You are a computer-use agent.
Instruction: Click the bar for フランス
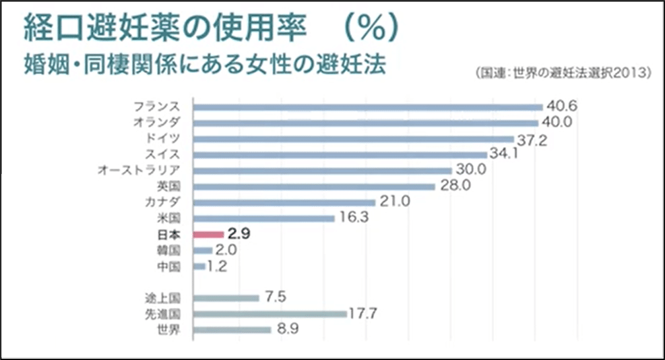(x=367, y=107)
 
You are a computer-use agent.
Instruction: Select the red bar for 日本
(x=208, y=235)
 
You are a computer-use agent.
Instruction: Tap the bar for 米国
(x=263, y=218)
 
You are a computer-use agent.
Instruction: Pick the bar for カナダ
(x=284, y=202)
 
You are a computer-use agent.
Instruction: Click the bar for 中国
(x=199, y=266)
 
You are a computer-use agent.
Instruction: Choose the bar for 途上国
(x=226, y=297)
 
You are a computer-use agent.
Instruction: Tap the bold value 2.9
(x=240, y=234)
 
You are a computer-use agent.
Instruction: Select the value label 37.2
(x=532, y=138)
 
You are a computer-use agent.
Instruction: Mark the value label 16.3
(x=352, y=218)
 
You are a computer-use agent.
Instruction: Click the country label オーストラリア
(x=139, y=171)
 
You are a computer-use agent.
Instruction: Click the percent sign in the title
(x=367, y=26)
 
